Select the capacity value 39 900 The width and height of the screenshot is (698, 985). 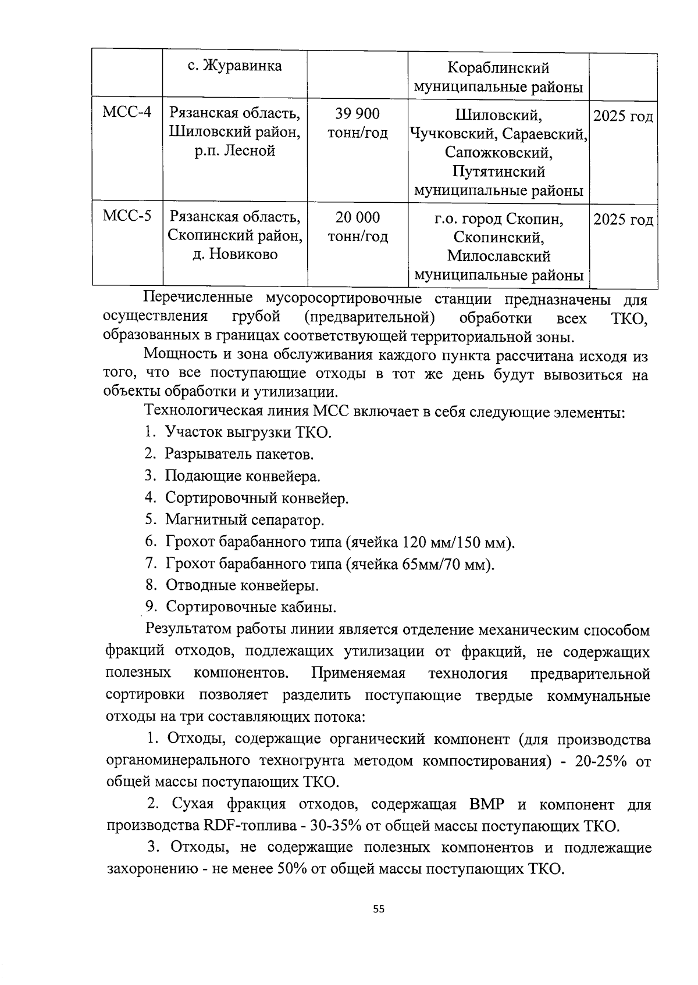(357, 114)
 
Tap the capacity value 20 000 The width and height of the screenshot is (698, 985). (357, 218)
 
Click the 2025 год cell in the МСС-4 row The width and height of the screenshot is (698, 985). (623, 117)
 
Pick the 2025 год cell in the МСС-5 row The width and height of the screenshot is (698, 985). (623, 220)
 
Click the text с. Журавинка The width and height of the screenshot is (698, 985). (235, 66)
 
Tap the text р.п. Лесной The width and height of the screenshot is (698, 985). (235, 151)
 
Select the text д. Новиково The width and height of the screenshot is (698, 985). (235, 255)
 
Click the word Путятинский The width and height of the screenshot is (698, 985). (498, 172)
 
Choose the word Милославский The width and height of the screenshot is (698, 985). (498, 256)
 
